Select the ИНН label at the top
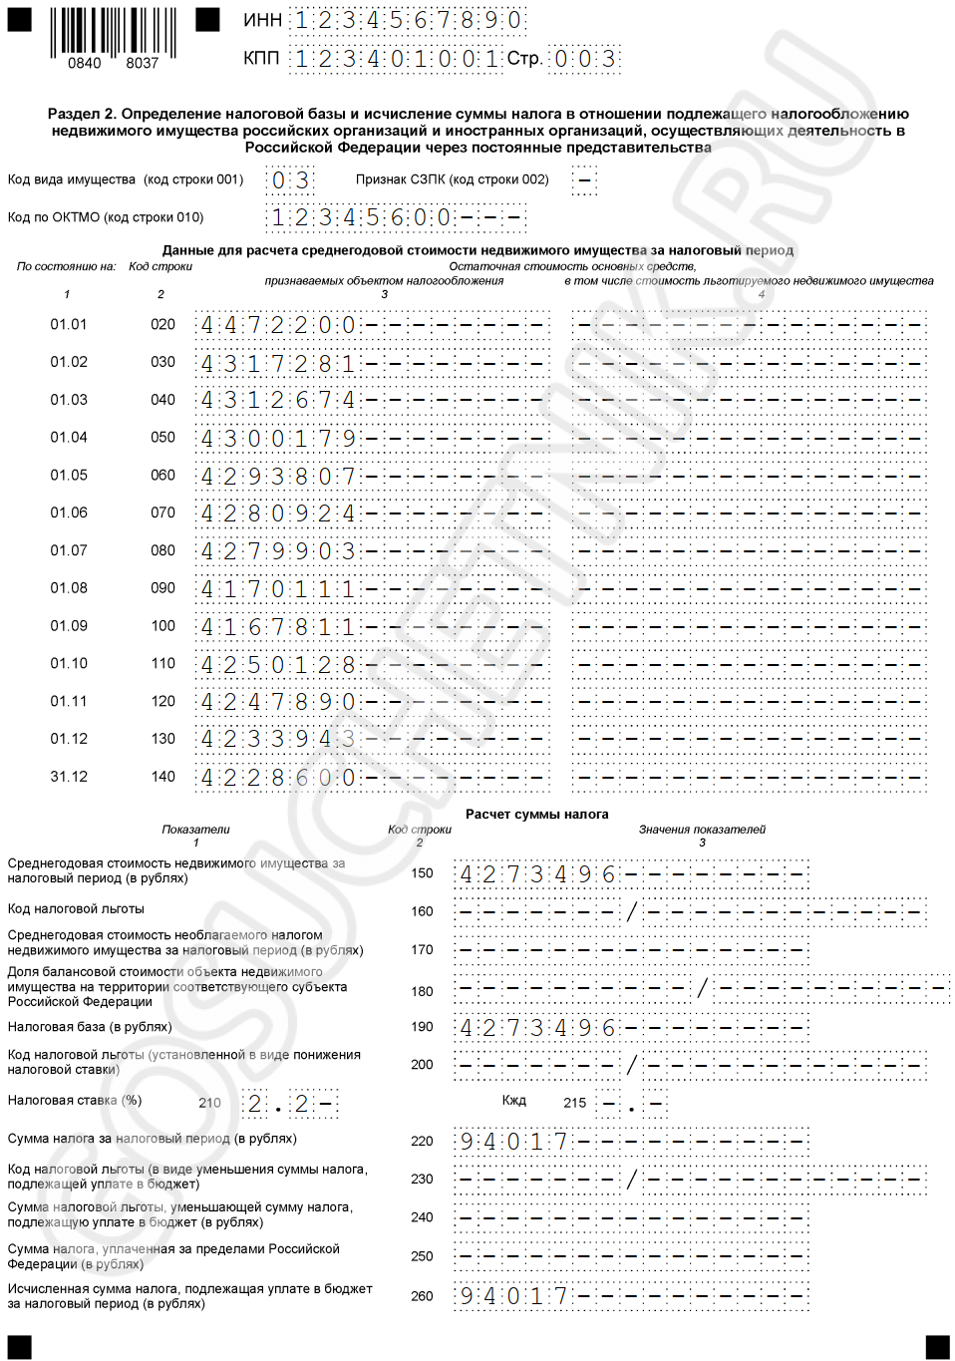click(262, 20)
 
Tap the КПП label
click(261, 59)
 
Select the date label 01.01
click(69, 324)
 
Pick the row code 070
click(162, 512)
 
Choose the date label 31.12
click(69, 777)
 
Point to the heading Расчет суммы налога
click(536, 814)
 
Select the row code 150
click(423, 873)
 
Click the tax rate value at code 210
click(278, 1104)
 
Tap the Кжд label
click(513, 1101)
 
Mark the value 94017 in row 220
click(513, 1141)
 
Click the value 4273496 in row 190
click(537, 1028)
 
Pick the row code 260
click(423, 1296)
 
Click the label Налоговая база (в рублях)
click(90, 1027)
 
